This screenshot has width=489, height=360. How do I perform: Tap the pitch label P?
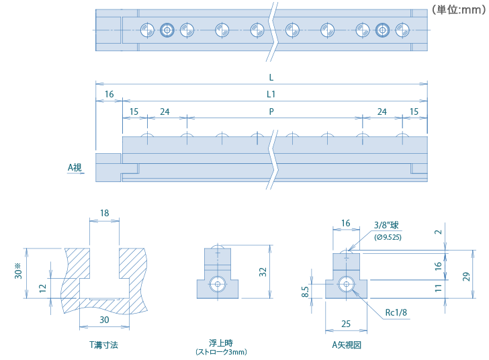click(271, 111)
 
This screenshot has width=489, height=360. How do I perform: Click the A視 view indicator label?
click(75, 167)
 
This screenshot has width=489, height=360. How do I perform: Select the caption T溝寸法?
click(104, 345)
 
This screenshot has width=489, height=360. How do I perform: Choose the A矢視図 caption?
click(347, 345)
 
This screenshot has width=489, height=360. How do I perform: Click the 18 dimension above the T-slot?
click(104, 213)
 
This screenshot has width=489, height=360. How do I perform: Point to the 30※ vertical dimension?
click(19, 272)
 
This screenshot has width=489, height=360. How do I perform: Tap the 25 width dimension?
click(345, 324)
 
